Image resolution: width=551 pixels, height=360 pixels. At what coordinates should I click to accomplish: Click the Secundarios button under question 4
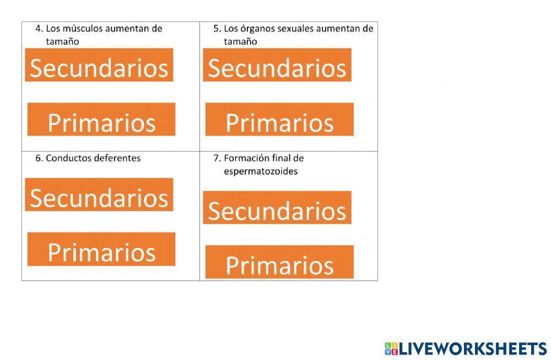[99, 65]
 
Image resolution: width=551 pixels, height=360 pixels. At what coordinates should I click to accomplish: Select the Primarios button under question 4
[101, 119]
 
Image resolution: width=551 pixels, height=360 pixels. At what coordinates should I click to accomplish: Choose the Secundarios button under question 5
[277, 65]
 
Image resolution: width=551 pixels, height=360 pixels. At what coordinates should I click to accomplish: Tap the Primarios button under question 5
[279, 119]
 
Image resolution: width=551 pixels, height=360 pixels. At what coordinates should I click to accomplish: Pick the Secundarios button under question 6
[99, 195]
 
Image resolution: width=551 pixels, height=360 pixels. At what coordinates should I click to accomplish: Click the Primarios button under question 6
[101, 249]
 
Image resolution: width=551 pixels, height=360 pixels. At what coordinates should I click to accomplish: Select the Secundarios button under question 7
[277, 208]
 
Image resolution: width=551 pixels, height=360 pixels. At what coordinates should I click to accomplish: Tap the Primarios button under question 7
[279, 262]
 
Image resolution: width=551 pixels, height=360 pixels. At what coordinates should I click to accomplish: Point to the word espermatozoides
[261, 171]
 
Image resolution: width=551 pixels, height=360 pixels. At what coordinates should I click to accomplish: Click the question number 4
[38, 29]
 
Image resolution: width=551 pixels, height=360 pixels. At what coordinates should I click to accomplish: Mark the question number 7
[217, 158]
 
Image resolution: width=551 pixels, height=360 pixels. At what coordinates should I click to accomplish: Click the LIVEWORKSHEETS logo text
[473, 349]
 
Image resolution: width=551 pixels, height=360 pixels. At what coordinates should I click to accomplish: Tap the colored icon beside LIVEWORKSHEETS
[391, 349]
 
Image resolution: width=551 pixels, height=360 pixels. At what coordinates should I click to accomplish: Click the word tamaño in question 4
[62, 42]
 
